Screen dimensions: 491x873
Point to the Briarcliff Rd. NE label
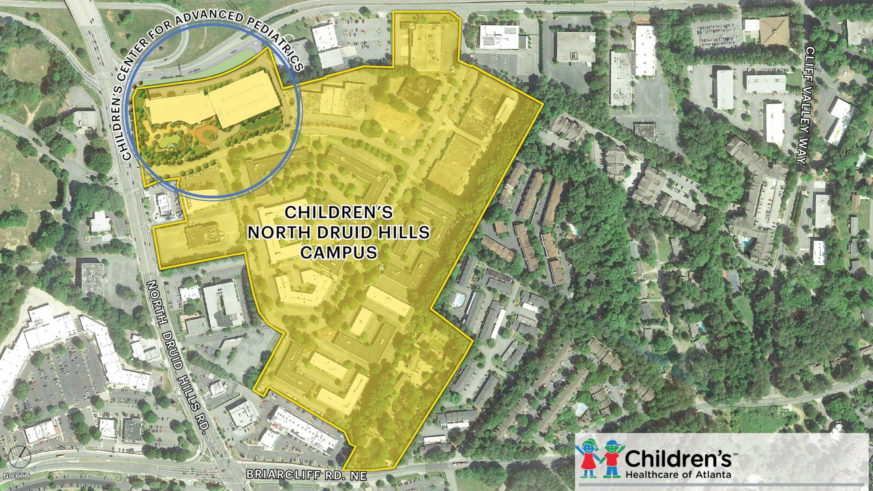306,475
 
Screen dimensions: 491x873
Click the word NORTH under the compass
17,476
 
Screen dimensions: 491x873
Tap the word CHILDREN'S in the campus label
339,213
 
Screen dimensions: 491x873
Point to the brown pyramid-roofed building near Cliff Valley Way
774,31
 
